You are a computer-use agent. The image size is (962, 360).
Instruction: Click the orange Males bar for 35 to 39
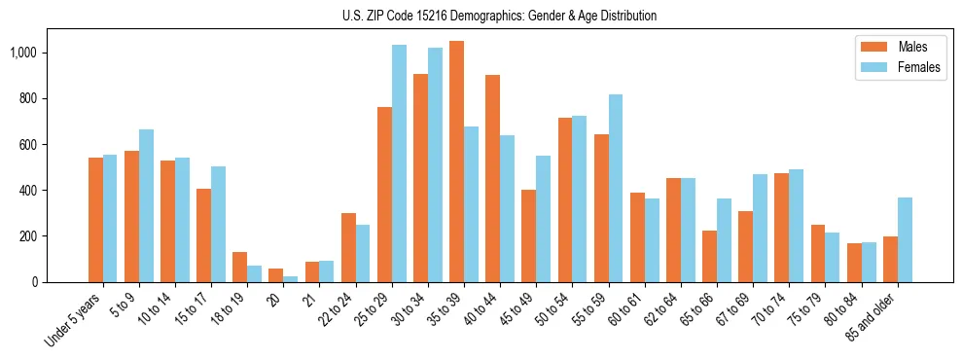(456, 162)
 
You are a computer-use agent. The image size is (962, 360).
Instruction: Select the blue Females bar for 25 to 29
(399, 163)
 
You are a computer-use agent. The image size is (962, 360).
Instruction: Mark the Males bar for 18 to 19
(240, 268)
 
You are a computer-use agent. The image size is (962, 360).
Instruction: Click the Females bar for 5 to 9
(146, 206)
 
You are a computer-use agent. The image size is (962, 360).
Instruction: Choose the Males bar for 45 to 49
(528, 236)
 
